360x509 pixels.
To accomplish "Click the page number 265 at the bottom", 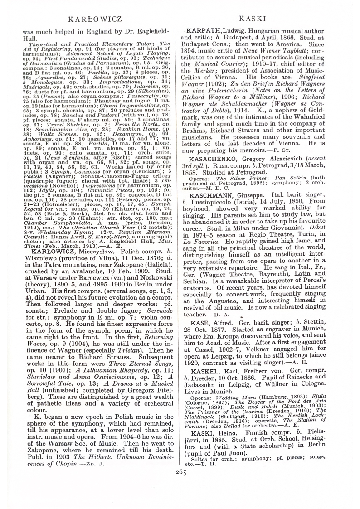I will click(180, 459).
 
